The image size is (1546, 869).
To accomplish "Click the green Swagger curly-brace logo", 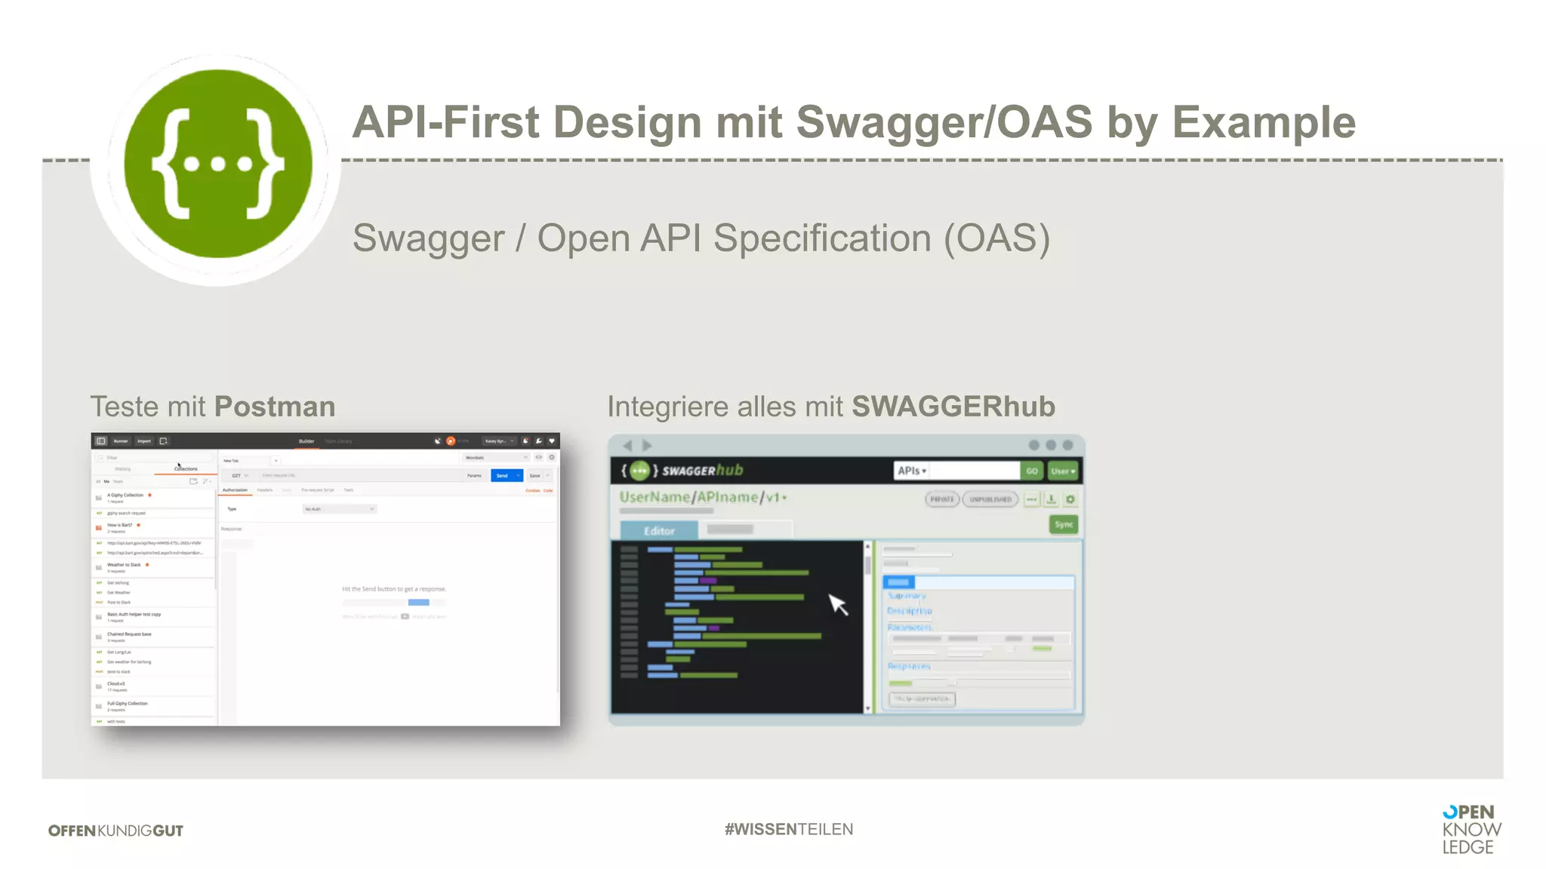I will coord(218,164).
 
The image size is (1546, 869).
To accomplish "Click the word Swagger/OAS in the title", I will coord(944,122).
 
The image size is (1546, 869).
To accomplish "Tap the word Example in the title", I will coord(1264,122).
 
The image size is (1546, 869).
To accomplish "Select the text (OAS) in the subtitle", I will coord(996,238).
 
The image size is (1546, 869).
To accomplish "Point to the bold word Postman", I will coord(275,407).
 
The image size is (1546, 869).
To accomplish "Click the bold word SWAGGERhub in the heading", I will coord(953,407).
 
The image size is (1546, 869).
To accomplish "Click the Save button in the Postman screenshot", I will coord(535,475).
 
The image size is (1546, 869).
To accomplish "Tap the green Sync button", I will coord(1064,524).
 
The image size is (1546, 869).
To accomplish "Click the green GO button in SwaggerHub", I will coord(1031,471).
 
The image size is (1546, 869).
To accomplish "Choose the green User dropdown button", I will coord(1063,471).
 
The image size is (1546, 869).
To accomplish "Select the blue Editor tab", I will coord(659,530).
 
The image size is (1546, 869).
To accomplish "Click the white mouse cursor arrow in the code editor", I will coord(837,603).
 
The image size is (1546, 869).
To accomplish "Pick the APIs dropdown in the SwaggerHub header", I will coord(912,471).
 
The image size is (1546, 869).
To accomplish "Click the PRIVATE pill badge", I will coord(942,499).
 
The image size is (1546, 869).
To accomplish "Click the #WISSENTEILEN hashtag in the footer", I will coord(789,829).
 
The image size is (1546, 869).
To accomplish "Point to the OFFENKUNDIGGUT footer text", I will coord(115,831).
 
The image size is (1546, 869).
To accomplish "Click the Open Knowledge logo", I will coord(1471,829).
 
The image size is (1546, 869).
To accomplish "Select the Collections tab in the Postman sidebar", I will coord(186,468).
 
